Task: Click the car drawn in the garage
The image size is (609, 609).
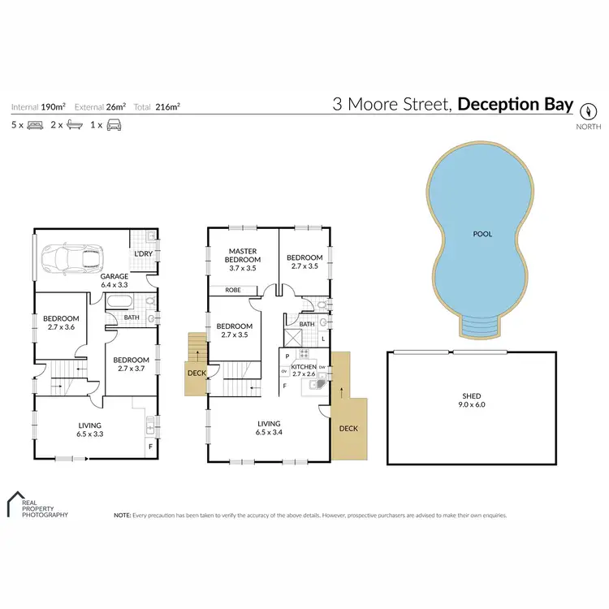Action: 74,260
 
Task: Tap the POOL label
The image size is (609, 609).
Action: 483,234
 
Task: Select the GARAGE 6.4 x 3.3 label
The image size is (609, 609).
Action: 115,281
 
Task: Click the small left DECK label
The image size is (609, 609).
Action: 197,374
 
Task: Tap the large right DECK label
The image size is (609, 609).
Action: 348,429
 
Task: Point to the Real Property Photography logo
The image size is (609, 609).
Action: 36,505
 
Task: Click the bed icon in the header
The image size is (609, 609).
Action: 36,126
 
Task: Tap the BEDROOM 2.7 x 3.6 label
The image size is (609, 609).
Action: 61,322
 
